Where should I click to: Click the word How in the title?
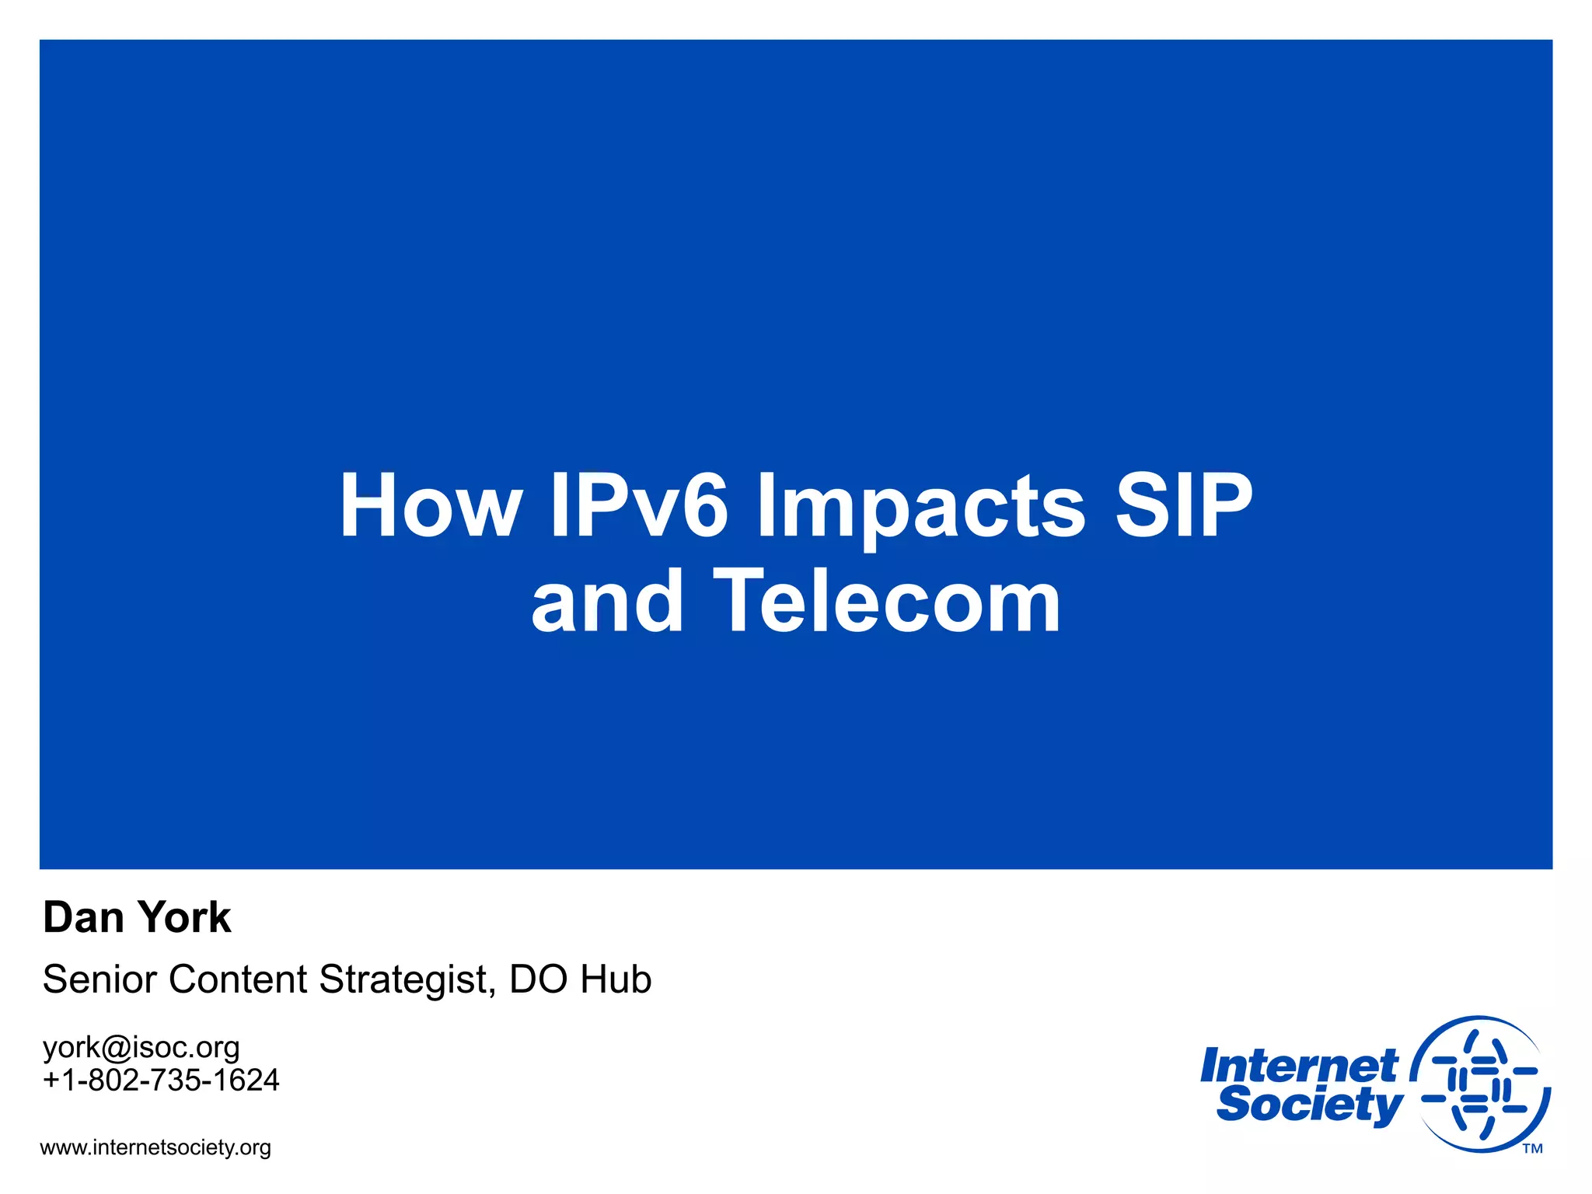[x=430, y=507]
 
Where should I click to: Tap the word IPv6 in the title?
[x=640, y=507]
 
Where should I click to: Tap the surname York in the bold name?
[x=184, y=918]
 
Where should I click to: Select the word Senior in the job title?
[x=99, y=979]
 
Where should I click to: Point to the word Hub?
[x=615, y=979]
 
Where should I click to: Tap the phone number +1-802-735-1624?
[x=161, y=1081]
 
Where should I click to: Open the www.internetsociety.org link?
[x=155, y=1148]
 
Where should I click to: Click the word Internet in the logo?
[x=1299, y=1066]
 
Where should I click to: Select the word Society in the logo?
[x=1309, y=1105]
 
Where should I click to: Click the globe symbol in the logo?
[x=1480, y=1084]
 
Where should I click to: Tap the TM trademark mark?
[x=1532, y=1149]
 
